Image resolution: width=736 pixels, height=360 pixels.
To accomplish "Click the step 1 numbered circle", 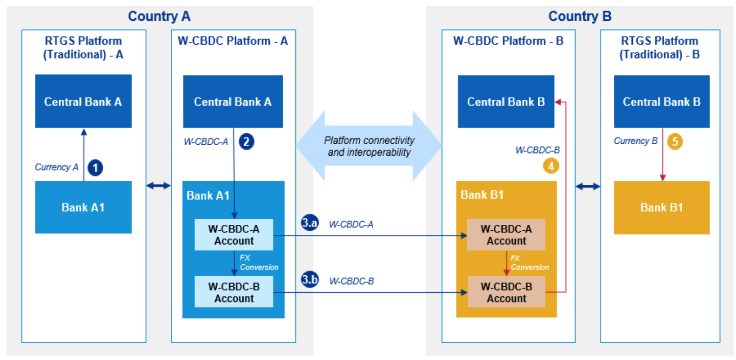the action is [95, 168].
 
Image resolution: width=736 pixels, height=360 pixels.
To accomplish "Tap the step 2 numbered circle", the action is [246, 142].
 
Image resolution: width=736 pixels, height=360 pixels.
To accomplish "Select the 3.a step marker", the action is [309, 223].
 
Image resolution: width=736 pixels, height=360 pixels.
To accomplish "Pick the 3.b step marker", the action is [310, 280].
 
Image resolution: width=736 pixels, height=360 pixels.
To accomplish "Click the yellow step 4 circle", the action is [551, 166].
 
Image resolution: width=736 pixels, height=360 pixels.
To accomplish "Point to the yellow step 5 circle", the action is [675, 142].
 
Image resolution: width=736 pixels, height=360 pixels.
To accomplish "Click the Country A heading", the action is [159, 16].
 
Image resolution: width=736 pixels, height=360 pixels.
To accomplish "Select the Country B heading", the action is [580, 16].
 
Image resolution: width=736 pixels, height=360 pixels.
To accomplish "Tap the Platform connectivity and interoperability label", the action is [369, 146].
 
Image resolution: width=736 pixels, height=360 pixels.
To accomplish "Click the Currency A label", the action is [56, 167].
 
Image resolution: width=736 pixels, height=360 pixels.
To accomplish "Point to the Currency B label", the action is [635, 141].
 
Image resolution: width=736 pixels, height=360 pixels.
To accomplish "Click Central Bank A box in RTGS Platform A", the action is [83, 101].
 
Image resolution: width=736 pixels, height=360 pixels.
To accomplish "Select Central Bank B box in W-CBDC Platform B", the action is [506, 101].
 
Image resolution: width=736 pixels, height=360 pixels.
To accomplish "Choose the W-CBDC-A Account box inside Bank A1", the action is [233, 235].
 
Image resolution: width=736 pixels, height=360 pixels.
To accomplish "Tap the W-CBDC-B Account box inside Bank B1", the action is [506, 292].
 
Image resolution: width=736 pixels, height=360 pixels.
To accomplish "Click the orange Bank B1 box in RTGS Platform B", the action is [662, 208].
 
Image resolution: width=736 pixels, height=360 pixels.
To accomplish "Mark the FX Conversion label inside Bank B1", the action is [529, 263].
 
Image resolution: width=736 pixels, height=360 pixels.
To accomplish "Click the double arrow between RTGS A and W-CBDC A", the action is [158, 186].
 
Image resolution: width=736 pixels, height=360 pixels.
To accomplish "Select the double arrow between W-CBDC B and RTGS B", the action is [588, 187].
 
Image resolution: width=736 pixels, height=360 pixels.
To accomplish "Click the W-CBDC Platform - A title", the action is [233, 41].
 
